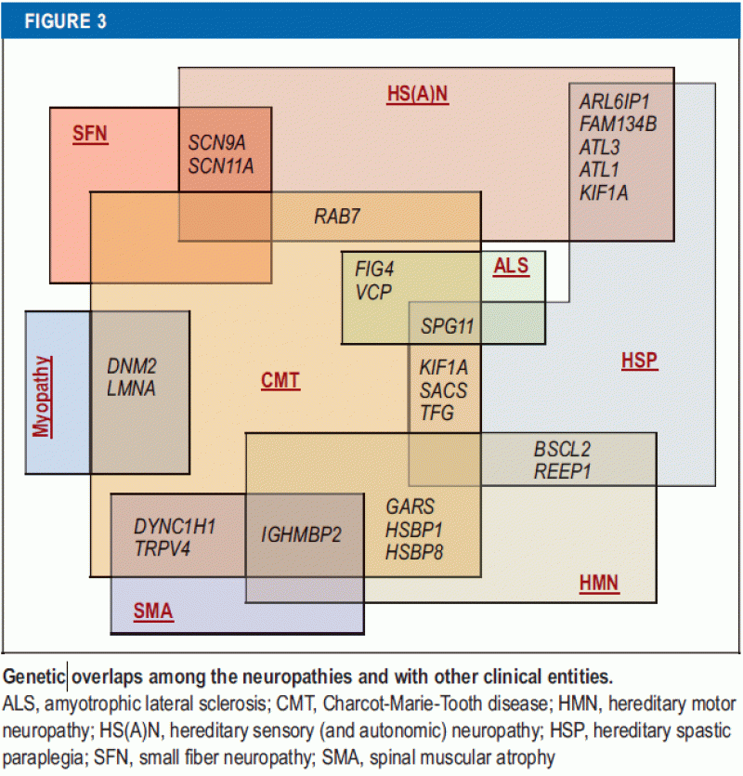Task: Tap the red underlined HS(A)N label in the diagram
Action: click(417, 94)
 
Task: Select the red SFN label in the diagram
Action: click(90, 134)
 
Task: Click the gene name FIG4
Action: click(374, 270)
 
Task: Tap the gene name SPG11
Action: click(447, 326)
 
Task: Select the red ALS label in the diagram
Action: click(511, 267)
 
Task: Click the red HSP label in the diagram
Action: click(639, 362)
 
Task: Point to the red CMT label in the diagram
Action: click(280, 380)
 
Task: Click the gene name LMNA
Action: click(131, 388)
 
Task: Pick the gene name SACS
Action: click(443, 391)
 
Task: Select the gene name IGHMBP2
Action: click(302, 535)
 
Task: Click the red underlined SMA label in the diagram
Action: click(152, 612)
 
